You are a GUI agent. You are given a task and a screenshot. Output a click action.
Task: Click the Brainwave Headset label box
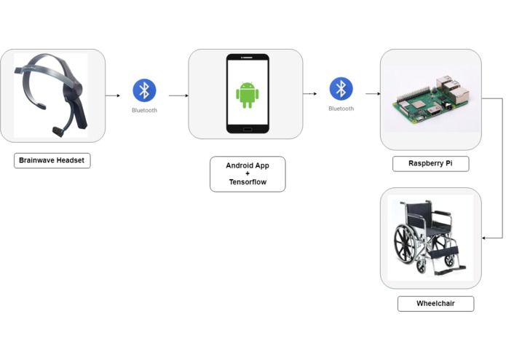(52, 160)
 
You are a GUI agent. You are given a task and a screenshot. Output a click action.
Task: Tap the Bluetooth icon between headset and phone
(144, 90)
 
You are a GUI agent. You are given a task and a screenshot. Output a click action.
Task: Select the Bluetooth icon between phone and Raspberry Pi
(341, 88)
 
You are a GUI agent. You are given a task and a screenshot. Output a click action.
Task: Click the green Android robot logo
(248, 95)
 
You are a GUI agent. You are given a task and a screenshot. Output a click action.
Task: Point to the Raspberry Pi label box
(430, 163)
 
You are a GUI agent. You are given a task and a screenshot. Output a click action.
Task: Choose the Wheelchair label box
(435, 303)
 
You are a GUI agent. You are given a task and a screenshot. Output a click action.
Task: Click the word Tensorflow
(248, 182)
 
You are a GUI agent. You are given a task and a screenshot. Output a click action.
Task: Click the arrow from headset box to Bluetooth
(113, 95)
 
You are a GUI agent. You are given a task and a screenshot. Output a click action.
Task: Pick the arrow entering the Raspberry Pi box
(373, 94)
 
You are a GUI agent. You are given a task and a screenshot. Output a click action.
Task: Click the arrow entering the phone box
(178, 95)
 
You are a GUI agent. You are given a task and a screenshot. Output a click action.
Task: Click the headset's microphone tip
(56, 131)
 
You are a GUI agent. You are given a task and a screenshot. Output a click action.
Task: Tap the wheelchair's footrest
(450, 267)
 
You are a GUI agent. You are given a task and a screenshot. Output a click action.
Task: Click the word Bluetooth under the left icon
(144, 111)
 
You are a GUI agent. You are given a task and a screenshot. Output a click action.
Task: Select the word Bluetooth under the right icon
(341, 109)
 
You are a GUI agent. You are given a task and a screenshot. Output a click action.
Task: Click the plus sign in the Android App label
(248, 174)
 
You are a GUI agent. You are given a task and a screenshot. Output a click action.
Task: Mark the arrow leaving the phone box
(310, 94)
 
